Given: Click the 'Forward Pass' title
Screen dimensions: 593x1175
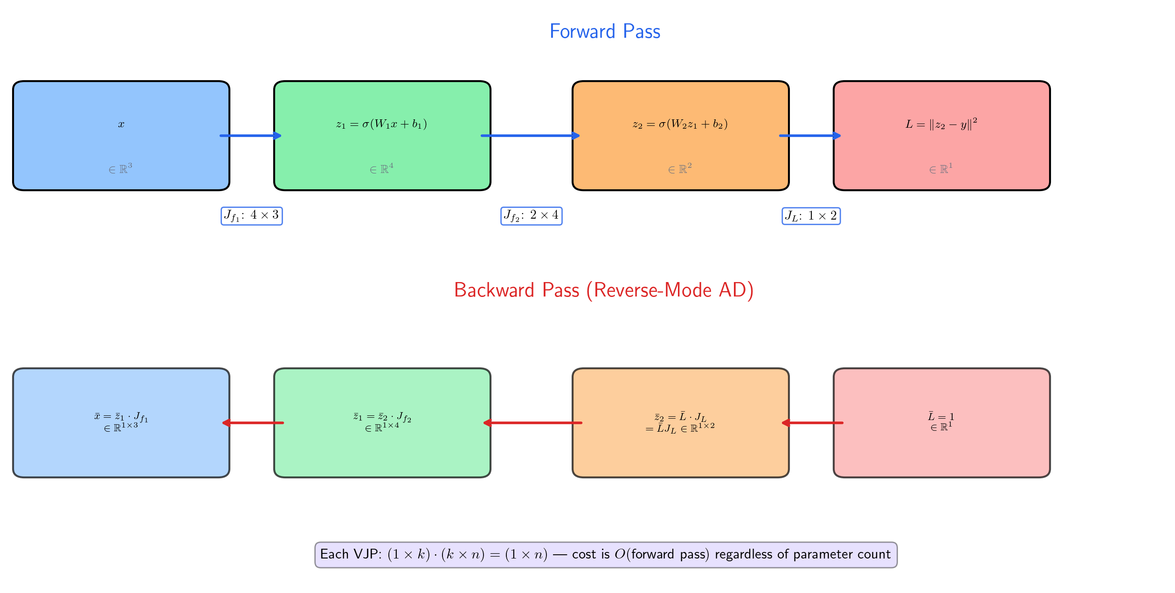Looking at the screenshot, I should pos(605,32).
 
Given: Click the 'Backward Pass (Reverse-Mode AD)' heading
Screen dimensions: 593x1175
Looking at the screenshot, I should pos(604,290).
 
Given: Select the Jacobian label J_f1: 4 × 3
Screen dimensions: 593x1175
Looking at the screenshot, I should pos(251,216).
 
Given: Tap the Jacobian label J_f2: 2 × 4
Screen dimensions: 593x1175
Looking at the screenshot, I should pos(531,216).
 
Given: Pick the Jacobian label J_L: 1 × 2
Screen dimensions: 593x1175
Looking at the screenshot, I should pos(811,216).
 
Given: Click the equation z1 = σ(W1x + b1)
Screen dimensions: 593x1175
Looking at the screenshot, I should pos(381,124).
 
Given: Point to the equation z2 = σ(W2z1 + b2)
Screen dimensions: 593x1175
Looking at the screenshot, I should pos(680,124).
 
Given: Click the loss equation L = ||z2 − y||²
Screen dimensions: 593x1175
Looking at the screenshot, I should pos(941,124).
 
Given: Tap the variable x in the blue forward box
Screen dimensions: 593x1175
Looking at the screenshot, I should pos(121,124).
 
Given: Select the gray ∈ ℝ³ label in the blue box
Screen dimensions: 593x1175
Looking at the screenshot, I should pos(120,169).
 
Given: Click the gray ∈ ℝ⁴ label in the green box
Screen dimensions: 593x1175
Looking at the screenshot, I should pos(381,169).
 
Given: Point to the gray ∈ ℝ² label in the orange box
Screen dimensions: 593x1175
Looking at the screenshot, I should pos(680,169).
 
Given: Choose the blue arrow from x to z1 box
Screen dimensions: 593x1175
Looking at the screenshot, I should pos(251,136).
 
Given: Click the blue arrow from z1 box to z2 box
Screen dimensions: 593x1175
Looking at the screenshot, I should pos(531,136).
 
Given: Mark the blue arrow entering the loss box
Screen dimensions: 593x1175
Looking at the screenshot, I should pos(810,136).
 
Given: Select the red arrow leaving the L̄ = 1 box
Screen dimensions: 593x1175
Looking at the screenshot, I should pos(812,423).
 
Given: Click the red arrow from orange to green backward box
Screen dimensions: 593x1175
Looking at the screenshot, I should pos(532,423).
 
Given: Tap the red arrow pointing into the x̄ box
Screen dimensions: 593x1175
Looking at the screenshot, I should pos(253,423).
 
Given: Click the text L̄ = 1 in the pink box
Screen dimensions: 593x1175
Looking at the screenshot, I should pos(941,416).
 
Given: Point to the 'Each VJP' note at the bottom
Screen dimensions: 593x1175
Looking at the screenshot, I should pos(606,554).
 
